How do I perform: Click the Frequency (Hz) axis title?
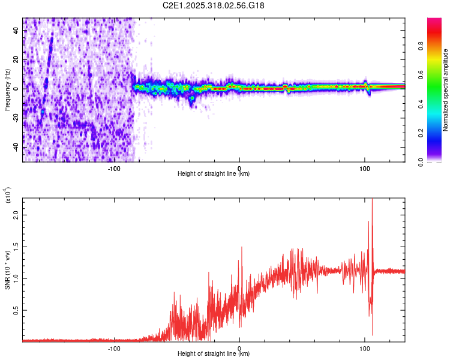[7, 90]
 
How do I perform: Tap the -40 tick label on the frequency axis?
[16, 148]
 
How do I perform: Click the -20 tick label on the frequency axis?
[16, 118]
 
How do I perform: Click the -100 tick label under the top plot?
[114, 168]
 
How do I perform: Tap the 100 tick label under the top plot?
[364, 168]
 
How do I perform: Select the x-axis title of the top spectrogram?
[214, 174]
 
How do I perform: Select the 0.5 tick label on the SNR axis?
[16, 310]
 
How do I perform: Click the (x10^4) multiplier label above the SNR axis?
[8, 196]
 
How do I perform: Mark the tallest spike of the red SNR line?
[372, 199]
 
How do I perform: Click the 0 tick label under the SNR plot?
[239, 348]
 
